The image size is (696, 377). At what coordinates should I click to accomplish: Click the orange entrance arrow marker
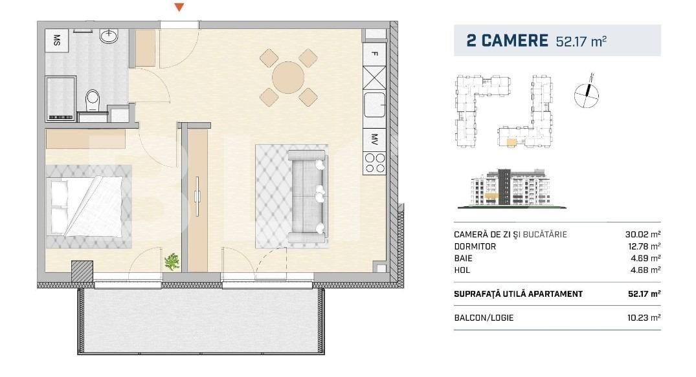(x=180, y=7)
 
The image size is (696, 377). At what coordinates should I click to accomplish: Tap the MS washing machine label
(x=57, y=40)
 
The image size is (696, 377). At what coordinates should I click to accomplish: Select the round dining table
(x=288, y=78)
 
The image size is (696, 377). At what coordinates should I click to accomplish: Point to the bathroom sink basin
(x=109, y=36)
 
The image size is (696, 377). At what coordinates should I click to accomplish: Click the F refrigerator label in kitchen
(x=374, y=54)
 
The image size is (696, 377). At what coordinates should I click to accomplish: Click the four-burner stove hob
(x=374, y=162)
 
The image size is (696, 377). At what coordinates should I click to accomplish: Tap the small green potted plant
(x=172, y=262)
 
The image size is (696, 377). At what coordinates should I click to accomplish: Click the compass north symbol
(x=586, y=95)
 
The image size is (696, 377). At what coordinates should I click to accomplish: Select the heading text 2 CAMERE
(x=508, y=40)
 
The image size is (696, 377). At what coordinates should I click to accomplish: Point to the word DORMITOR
(x=476, y=246)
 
